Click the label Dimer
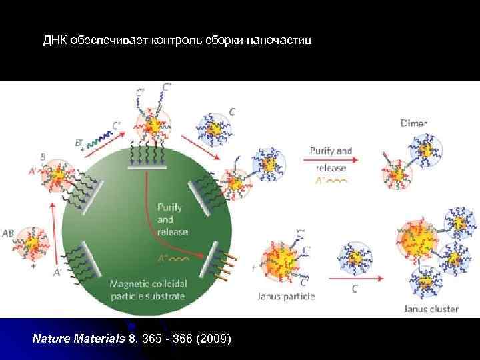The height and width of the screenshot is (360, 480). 414,123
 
